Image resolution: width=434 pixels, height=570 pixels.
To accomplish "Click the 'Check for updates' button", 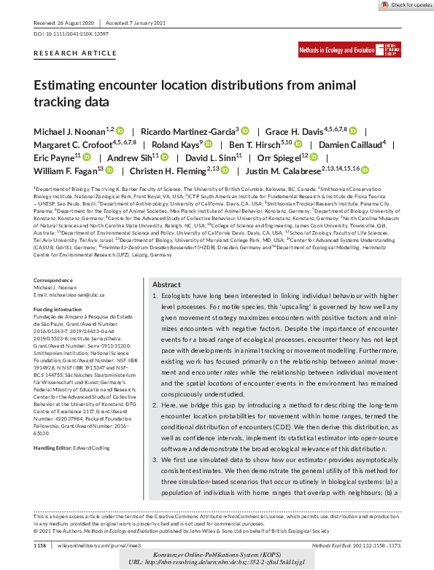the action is [x=407, y=4].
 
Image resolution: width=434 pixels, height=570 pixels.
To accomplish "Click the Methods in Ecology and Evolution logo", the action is [x=349, y=50].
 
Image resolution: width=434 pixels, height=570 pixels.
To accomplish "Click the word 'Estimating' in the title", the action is [x=67, y=85].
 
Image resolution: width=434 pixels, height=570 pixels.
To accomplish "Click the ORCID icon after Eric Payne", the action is [x=87, y=157].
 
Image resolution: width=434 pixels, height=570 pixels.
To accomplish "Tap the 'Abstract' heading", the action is [x=166, y=305].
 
